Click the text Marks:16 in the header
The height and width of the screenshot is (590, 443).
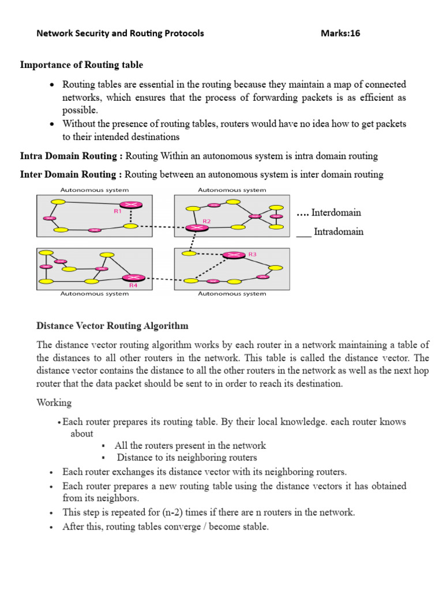(340, 33)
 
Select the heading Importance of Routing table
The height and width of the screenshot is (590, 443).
(81, 65)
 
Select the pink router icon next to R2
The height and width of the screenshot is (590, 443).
(197, 228)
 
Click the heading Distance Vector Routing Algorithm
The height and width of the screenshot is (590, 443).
(112, 326)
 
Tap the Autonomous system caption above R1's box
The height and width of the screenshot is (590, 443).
(95, 190)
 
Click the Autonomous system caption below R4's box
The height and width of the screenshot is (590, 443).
(95, 294)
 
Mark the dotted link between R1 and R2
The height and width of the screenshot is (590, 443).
(162, 226)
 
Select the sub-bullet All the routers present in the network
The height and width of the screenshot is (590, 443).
(190, 445)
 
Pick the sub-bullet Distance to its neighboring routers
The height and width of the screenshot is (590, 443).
(187, 457)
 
